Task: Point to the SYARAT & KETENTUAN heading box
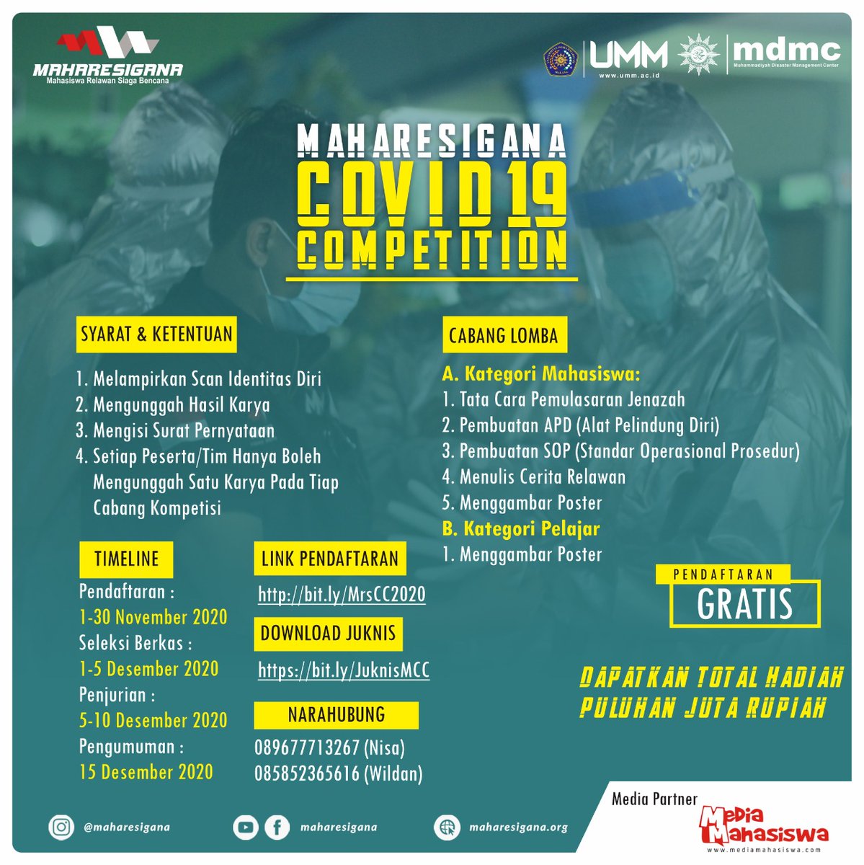(156, 334)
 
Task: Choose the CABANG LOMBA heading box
(503, 336)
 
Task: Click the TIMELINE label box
(126, 559)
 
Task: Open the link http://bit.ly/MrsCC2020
(342, 595)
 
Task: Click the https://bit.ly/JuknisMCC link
(344, 670)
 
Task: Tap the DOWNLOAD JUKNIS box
(328, 634)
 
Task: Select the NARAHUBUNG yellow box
(336, 715)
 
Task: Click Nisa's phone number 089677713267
(307, 748)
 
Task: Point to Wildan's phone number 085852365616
(307, 773)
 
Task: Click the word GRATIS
(744, 605)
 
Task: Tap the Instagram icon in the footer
(61, 827)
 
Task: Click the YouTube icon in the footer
(246, 828)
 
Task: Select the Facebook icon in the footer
(277, 828)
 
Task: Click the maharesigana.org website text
(518, 828)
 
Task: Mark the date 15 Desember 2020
(146, 772)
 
